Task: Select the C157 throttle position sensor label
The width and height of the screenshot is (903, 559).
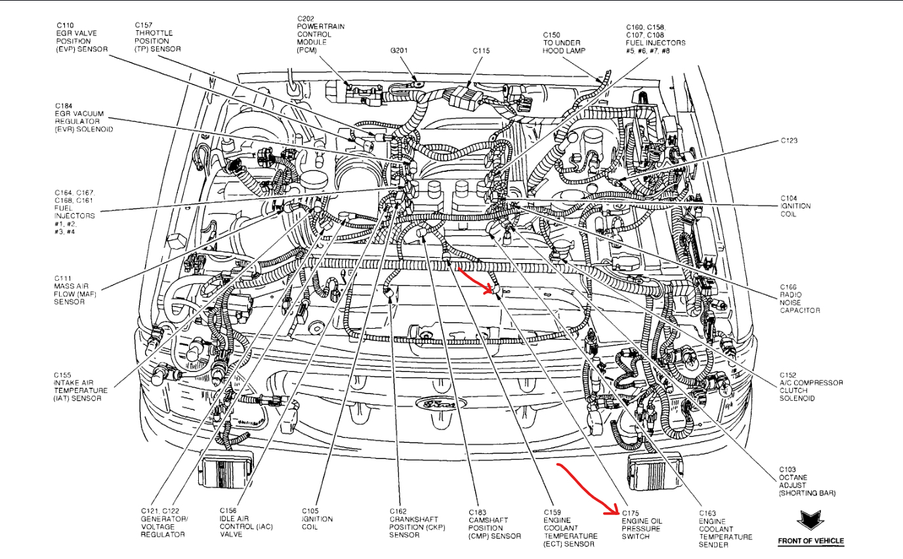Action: pyautogui.click(x=157, y=37)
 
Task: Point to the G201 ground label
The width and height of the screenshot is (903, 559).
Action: pyautogui.click(x=400, y=50)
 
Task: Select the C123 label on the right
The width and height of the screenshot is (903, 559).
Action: pyautogui.click(x=789, y=140)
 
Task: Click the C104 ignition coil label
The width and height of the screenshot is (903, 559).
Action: pyautogui.click(x=795, y=206)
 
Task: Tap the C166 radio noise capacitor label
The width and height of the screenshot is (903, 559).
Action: pyautogui.click(x=800, y=299)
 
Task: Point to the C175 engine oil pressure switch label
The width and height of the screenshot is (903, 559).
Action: pyautogui.click(x=642, y=524)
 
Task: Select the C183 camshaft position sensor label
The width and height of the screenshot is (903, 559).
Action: pyautogui.click(x=495, y=524)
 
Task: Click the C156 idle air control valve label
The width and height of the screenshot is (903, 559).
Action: pyautogui.click(x=246, y=522)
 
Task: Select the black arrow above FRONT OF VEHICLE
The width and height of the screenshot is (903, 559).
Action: pyautogui.click(x=810, y=521)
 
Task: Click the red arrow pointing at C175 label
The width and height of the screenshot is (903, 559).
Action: pyautogui.click(x=587, y=489)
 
